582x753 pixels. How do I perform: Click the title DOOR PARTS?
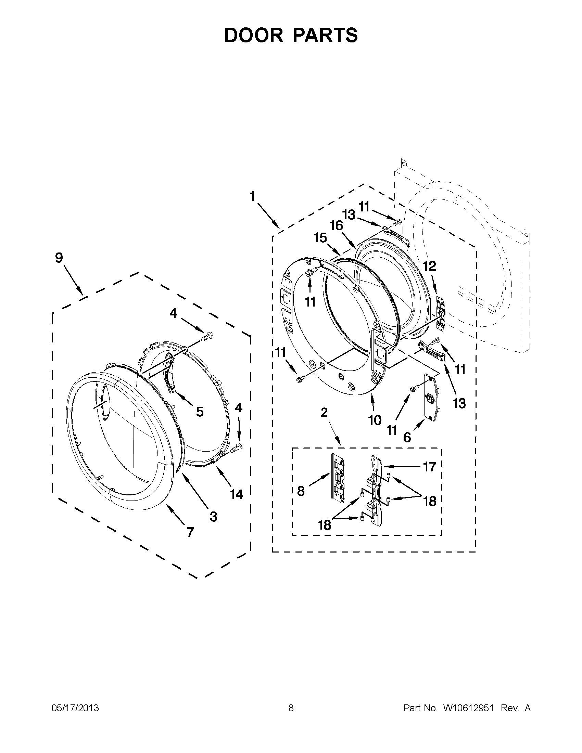291,36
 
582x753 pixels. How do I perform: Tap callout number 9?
59,258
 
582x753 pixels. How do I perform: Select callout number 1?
252,196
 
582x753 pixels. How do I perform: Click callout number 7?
190,532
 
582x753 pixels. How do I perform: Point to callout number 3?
214,517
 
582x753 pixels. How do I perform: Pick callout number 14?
237,494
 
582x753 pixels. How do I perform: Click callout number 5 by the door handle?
200,412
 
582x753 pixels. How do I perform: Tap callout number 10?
375,420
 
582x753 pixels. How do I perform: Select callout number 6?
407,437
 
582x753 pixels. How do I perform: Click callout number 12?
430,266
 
